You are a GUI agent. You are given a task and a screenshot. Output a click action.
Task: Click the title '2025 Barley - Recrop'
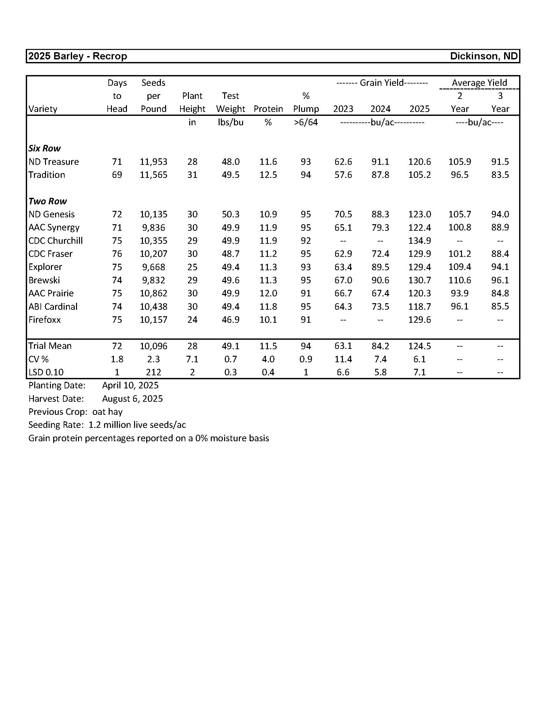tap(78, 56)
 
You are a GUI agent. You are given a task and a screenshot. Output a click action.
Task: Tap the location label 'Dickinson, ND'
tap(484, 56)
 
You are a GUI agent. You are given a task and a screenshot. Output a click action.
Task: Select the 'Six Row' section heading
tap(44, 148)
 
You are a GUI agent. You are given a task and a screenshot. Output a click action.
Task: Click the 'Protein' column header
tap(268, 109)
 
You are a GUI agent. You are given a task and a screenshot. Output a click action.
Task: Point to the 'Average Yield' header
tap(479, 83)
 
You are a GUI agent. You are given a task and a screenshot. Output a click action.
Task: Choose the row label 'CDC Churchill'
tap(55, 241)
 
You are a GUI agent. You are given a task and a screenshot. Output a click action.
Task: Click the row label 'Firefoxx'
tap(45, 320)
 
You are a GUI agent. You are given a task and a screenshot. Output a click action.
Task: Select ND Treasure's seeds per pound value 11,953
tap(153, 162)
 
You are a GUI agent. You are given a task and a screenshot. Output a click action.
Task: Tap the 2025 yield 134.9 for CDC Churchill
tap(419, 241)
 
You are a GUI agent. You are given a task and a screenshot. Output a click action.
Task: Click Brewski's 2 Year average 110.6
tap(459, 280)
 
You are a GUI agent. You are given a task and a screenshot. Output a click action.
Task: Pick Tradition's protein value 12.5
tap(268, 175)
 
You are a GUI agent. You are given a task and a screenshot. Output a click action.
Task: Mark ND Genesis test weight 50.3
tap(230, 214)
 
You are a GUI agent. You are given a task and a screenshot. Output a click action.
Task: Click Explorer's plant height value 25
tap(192, 267)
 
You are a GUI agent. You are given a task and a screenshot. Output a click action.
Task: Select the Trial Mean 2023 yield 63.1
tap(343, 346)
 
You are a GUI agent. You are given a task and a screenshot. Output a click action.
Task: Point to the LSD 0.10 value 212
tap(153, 372)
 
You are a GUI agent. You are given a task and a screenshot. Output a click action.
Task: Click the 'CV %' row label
tap(39, 359)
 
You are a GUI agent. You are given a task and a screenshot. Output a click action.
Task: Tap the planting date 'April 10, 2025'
tap(130, 385)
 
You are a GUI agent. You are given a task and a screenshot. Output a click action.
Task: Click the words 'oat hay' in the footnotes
tap(107, 412)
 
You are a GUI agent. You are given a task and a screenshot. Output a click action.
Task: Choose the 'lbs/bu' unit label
tap(230, 122)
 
